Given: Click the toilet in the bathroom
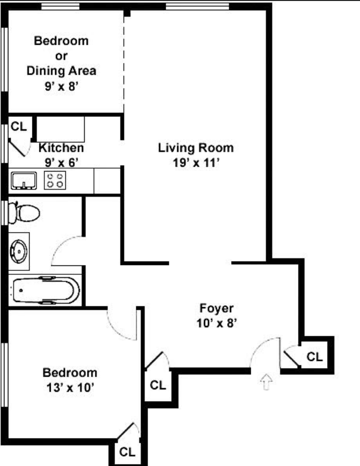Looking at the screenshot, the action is pyautogui.click(x=24, y=213).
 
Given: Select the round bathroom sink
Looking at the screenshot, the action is pyautogui.click(x=19, y=251).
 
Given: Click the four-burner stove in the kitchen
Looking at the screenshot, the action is pyautogui.click(x=55, y=180).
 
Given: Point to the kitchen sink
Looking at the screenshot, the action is pyautogui.click(x=24, y=180).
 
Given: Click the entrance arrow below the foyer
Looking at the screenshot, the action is pyautogui.click(x=267, y=381).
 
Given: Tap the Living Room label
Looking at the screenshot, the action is pyautogui.click(x=196, y=147).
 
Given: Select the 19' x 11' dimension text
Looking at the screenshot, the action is pyautogui.click(x=196, y=163).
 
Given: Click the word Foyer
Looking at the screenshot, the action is pyautogui.click(x=216, y=308).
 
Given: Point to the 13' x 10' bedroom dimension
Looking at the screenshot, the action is pyautogui.click(x=70, y=387).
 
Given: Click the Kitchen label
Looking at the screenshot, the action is pyautogui.click(x=61, y=147).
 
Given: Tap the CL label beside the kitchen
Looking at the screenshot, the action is pyautogui.click(x=19, y=127).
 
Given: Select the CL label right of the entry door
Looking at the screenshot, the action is pyautogui.click(x=315, y=356).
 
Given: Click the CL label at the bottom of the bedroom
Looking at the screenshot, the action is pyautogui.click(x=127, y=452).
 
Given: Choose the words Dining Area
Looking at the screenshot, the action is pyautogui.click(x=61, y=71).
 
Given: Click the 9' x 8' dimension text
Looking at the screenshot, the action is pyautogui.click(x=61, y=86).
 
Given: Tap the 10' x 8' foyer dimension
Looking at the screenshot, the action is pyautogui.click(x=216, y=323).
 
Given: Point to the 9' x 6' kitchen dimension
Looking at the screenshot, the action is pyautogui.click(x=61, y=163).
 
